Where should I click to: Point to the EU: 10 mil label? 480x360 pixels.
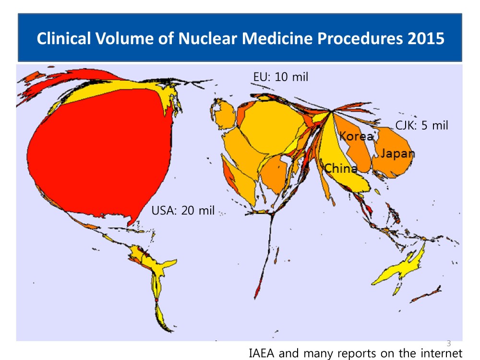(x=281, y=77)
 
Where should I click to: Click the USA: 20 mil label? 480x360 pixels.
(x=183, y=210)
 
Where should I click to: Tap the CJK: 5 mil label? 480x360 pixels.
(x=421, y=126)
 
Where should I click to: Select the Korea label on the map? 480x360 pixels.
(x=356, y=136)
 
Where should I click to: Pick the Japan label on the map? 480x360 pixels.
(x=398, y=154)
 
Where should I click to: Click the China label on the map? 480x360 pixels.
(x=340, y=168)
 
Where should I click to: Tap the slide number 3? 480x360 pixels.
(x=449, y=343)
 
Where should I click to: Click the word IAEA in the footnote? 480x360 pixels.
(x=263, y=354)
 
